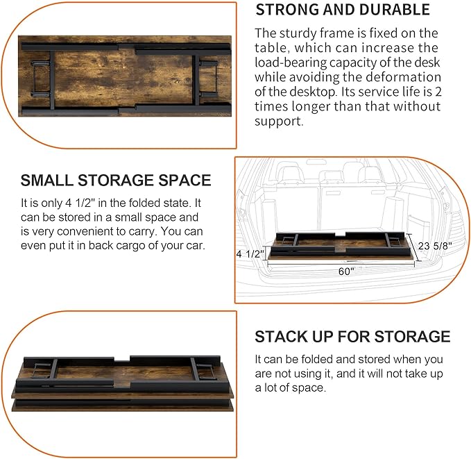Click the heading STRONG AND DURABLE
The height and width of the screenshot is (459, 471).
[343, 10]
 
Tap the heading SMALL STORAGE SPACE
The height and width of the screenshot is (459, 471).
[115, 181]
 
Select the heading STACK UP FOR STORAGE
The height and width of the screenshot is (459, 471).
[352, 337]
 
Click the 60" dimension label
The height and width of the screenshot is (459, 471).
[346, 272]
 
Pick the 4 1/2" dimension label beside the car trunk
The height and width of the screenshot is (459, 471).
[250, 253]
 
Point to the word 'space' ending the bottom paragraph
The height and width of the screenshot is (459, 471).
[309, 387]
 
